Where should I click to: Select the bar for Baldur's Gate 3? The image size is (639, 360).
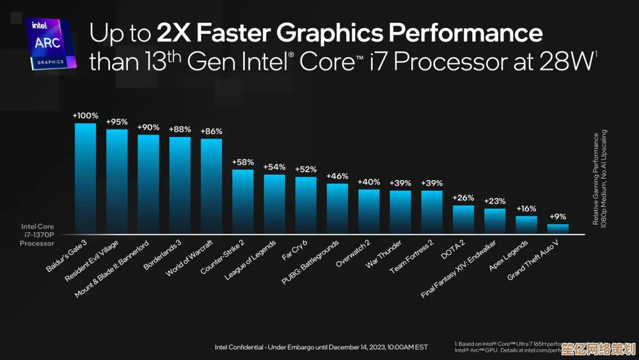point(85,178)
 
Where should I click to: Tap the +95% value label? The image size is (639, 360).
point(117,121)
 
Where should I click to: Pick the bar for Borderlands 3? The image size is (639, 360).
point(180,185)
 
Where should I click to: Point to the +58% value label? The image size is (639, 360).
point(243,162)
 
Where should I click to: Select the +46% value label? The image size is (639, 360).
point(337,176)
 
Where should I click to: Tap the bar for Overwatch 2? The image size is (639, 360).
point(369,211)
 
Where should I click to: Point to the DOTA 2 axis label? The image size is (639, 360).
point(453,249)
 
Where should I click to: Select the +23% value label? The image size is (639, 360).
point(495,201)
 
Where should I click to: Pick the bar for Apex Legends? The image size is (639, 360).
point(526,224)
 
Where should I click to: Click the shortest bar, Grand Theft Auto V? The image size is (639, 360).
point(557,228)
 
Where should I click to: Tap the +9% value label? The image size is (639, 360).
point(558,216)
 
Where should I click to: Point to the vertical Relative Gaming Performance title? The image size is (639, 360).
point(600,177)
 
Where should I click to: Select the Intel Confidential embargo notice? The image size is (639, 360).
point(321,346)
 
